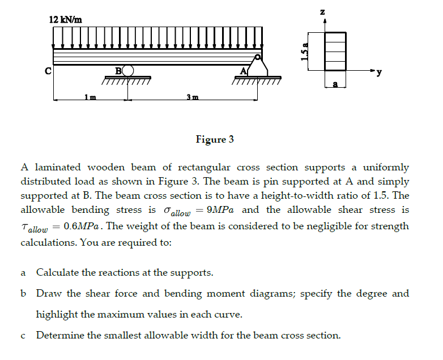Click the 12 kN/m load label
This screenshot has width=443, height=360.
click(x=66, y=19)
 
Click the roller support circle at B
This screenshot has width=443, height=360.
click(x=129, y=71)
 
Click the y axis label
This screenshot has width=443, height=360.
click(x=379, y=72)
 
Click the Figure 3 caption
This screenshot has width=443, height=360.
click(x=215, y=139)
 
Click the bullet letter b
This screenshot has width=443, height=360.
click(x=23, y=294)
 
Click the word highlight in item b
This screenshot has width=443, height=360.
click(x=57, y=314)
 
